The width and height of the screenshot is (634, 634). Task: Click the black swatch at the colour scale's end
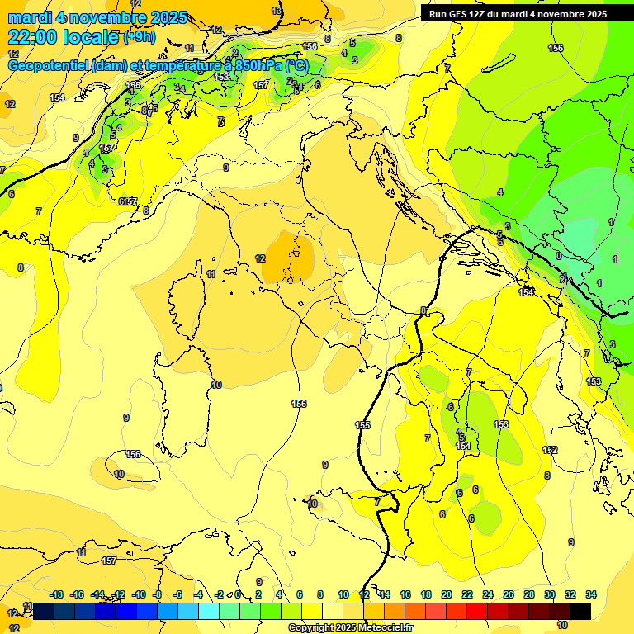[580, 611]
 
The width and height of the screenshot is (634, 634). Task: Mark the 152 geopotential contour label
[550, 450]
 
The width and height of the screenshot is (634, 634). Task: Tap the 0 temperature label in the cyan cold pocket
[558, 257]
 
